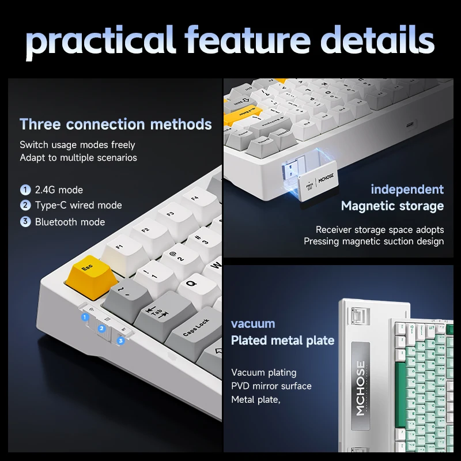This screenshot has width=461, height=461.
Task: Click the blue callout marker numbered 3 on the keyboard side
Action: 120,341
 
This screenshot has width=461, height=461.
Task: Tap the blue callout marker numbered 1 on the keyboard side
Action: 85,317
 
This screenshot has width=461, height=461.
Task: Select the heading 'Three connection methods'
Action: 115,124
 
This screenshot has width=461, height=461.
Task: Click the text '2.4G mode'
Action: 59,190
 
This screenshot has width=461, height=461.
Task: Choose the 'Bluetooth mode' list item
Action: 70,222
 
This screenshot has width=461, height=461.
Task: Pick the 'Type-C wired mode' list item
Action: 78,206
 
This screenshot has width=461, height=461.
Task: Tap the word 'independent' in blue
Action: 407,190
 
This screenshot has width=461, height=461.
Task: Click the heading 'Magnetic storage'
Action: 392,206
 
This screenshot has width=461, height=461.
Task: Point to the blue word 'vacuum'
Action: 253,324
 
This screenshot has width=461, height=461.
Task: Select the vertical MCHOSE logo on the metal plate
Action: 360,388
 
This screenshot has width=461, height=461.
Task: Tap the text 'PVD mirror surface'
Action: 271,386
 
